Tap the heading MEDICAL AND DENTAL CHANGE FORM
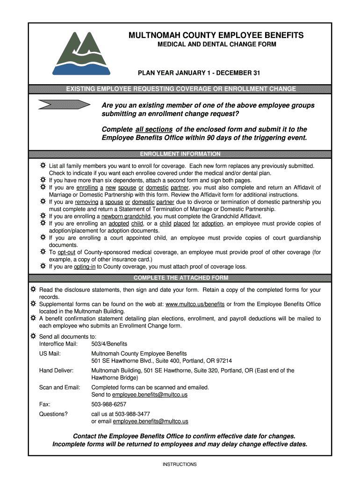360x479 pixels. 216,44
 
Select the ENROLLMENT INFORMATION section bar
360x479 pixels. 180,154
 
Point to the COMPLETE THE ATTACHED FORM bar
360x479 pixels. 180,278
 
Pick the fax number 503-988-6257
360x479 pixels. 108,404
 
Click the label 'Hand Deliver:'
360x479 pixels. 56,370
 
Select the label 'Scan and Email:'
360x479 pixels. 59,387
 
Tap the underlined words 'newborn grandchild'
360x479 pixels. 126,217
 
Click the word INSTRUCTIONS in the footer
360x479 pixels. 180,464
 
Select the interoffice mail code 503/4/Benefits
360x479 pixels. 109,344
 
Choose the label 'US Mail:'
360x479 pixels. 50,354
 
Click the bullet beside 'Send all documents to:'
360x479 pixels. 33,336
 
